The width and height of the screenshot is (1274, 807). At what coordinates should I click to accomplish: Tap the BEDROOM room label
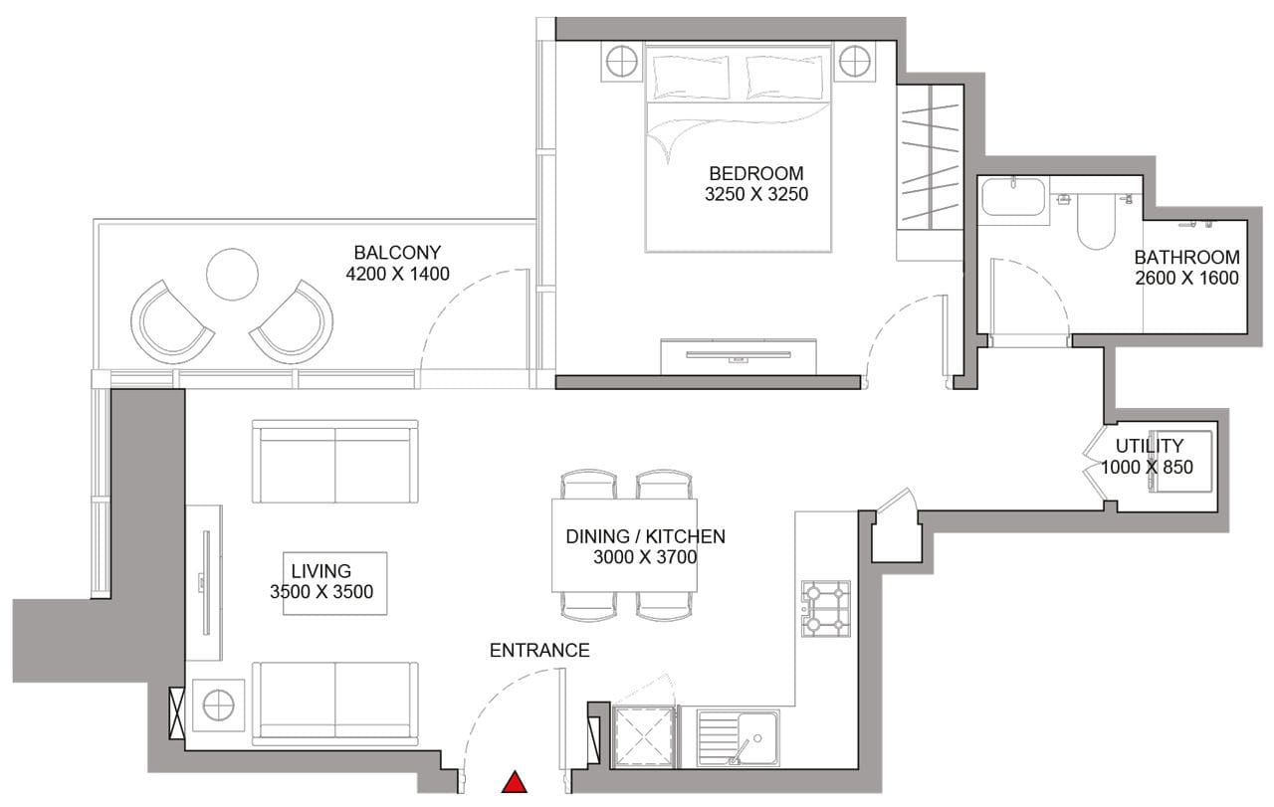pyautogui.click(x=755, y=173)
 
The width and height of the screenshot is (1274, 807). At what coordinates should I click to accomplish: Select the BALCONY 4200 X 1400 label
pyautogui.click(x=397, y=263)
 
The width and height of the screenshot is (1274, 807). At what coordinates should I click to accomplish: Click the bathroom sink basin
pyautogui.click(x=1013, y=197)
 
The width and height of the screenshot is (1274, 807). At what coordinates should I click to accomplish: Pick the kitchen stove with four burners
pyautogui.click(x=826, y=609)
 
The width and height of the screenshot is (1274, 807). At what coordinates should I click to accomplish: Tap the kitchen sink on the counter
pyautogui.click(x=738, y=737)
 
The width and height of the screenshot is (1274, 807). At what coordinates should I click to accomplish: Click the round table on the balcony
pyautogui.click(x=232, y=274)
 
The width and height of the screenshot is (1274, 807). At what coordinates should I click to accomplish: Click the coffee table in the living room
pyautogui.click(x=334, y=583)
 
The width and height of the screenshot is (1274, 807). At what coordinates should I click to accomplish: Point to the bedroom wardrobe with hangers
pyautogui.click(x=930, y=158)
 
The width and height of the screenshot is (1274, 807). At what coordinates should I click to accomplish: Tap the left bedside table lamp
pyautogui.click(x=622, y=63)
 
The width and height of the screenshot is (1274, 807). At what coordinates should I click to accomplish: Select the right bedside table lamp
pyautogui.click(x=855, y=63)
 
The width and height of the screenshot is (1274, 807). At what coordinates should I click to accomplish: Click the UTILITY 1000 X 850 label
pyautogui.click(x=1148, y=457)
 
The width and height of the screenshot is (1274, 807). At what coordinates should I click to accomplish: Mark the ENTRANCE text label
pyautogui.click(x=539, y=651)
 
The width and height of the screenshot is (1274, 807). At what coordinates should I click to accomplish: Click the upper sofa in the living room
pyautogui.click(x=335, y=462)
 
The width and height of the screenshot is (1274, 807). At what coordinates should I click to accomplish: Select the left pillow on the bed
pyautogui.click(x=692, y=77)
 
